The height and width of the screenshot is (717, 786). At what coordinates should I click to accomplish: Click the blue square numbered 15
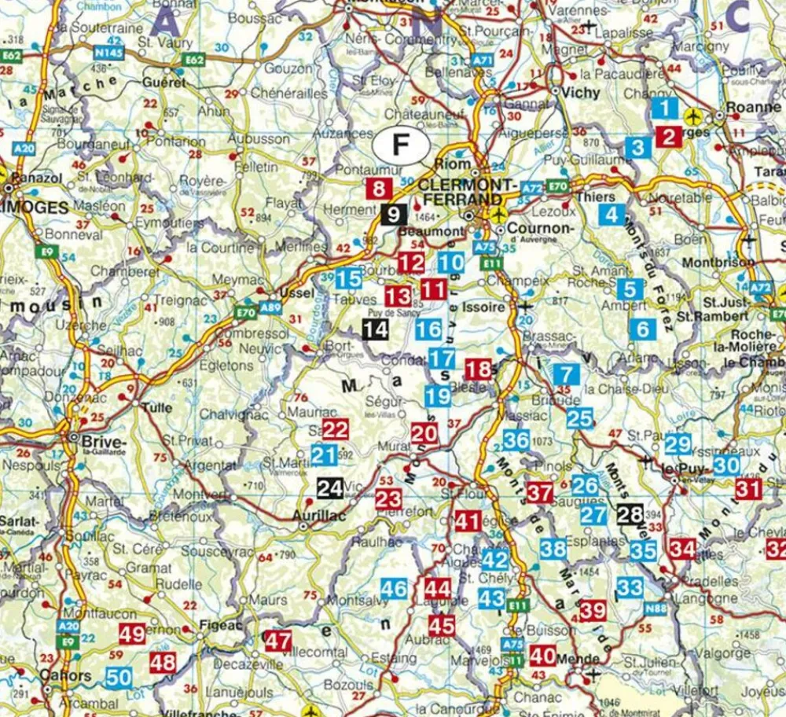point(349,278)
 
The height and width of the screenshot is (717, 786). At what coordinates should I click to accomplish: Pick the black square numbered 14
point(376,329)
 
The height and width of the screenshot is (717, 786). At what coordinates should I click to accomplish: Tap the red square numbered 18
point(478,370)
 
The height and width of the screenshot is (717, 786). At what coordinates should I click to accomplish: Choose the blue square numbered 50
point(119,677)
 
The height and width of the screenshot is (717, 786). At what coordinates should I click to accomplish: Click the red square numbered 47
point(277,640)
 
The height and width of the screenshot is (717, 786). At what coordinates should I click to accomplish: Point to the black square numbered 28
point(630,515)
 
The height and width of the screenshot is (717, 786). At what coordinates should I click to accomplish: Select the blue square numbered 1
point(666,108)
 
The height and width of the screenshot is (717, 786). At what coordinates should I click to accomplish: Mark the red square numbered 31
point(748,488)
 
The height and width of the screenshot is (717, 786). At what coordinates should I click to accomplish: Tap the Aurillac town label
point(319,516)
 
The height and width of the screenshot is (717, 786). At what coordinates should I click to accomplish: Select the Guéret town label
point(163,82)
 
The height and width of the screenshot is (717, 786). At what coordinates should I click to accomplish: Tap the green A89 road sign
point(270,307)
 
